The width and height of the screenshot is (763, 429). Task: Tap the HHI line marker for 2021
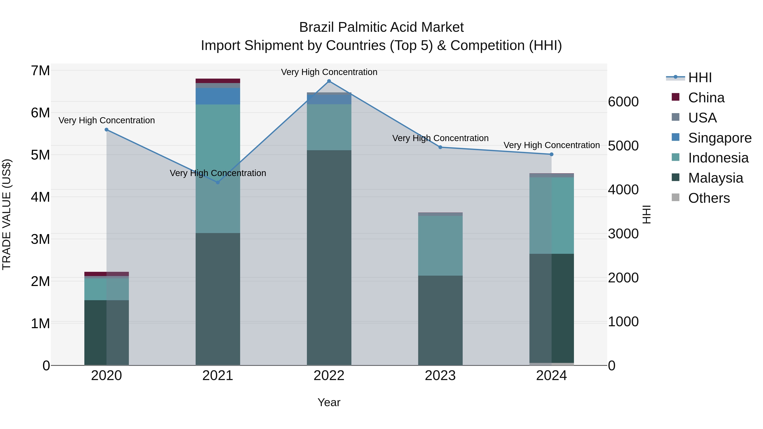pos(218,182)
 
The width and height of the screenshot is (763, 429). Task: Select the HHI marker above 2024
pos(551,154)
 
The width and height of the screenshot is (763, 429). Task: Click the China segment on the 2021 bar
pos(218,81)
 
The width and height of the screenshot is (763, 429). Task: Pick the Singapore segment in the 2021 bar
pos(218,96)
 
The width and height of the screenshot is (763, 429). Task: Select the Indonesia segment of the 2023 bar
pos(440,246)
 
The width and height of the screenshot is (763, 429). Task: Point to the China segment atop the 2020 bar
pos(106,274)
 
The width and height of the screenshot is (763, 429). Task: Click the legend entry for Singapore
pos(720,138)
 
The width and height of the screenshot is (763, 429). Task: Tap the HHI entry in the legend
pos(700,78)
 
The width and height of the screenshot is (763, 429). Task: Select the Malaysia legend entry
pos(715,178)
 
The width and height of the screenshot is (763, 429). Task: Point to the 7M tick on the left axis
pos(40,71)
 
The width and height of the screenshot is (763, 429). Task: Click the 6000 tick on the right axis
pos(623,102)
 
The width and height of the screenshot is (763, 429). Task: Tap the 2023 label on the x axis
pos(440,376)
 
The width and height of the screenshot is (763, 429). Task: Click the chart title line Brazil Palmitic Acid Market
pos(381,27)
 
